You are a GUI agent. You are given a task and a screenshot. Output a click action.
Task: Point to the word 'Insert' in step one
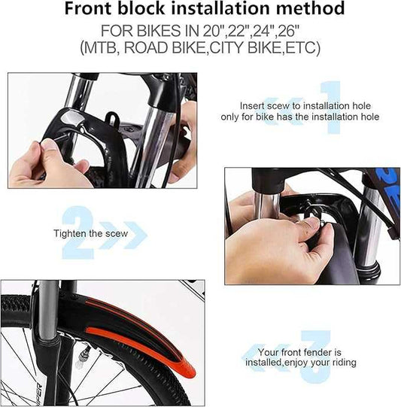[255, 106]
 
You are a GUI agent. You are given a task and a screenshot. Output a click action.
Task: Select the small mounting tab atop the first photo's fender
[112, 118]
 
